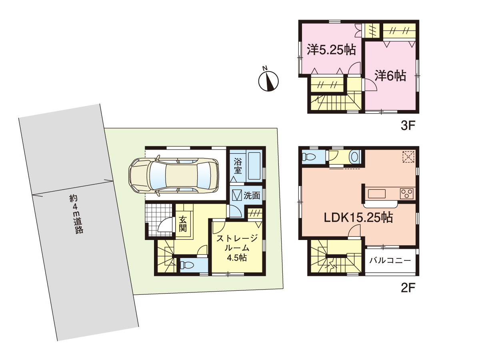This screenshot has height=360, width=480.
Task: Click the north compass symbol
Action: click(268, 80)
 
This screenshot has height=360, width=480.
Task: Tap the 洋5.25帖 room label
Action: click(331, 50)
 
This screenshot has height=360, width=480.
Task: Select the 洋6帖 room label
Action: click(390, 76)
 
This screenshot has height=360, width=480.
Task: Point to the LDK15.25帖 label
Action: click(358, 218)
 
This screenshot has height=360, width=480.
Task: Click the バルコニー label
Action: click(390, 260)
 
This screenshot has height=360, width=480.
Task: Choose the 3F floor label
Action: click(408, 126)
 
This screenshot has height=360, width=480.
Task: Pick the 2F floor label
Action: click(408, 288)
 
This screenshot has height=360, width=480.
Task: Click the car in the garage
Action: click(174, 175)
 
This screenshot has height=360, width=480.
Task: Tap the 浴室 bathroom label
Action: click(238, 166)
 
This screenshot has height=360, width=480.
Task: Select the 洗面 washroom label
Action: click(252, 196)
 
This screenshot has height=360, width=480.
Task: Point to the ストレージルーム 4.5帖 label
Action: click(237, 248)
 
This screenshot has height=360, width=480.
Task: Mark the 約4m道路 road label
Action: click(76, 214)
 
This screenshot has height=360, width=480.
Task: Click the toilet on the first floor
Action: click(187, 265)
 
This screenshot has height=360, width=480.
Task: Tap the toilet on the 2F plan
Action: click(308, 156)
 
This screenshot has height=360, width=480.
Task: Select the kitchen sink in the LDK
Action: click(376, 194)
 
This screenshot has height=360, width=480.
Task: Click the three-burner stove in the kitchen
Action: click(407, 194)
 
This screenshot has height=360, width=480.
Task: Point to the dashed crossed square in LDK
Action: click(408, 157)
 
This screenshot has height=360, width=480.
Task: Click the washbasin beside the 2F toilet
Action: click(354, 157)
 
